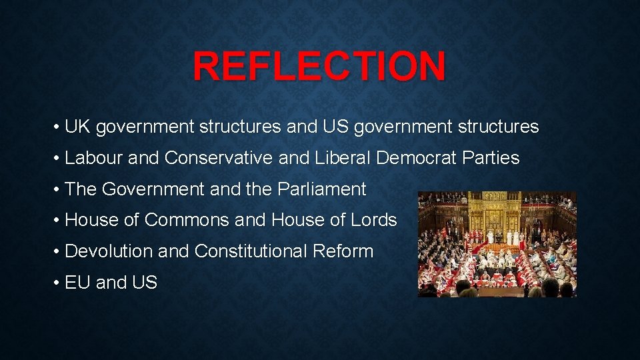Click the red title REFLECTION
319,66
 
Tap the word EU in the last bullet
78,283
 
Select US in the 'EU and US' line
145,283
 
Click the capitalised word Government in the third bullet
153,189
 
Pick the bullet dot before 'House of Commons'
57,221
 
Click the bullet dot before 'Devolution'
57,252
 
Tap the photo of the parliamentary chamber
497,244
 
